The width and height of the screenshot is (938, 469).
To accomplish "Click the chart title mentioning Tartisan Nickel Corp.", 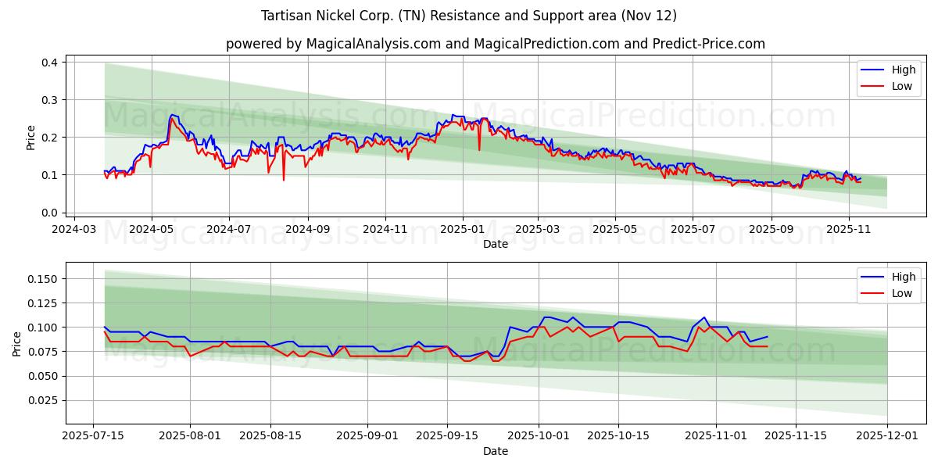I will point(469,16).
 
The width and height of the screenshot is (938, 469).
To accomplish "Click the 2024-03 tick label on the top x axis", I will point(74,231).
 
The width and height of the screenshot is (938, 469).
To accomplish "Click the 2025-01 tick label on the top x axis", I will point(462,231).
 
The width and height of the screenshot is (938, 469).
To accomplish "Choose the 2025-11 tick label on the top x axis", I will point(848,231).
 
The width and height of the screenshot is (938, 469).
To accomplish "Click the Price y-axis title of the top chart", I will point(31,138).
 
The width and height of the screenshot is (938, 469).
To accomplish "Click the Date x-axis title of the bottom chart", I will point(495,451).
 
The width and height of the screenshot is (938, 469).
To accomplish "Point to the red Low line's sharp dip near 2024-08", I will point(284,180).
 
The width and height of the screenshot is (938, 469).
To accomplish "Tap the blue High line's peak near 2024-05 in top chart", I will point(171,115).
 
